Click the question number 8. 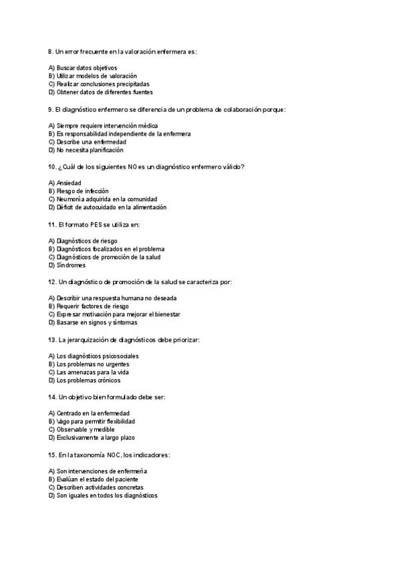pyautogui.click(x=51, y=51)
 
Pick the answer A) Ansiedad pyautogui.click(x=65, y=183)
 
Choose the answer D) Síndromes pyautogui.click(x=66, y=265)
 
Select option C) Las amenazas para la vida pyautogui.click(x=88, y=372)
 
